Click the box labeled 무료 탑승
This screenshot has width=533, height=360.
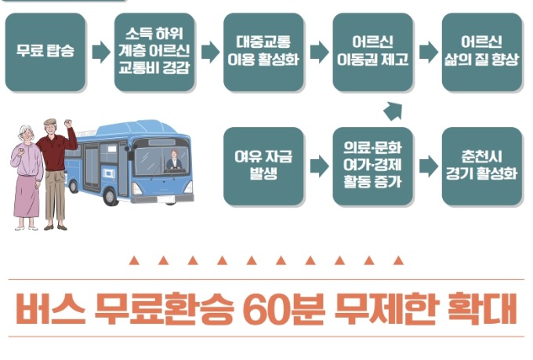click(x=45, y=53)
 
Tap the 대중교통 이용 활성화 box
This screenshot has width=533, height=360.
click(x=263, y=52)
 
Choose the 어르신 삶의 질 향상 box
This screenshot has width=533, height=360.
click(x=481, y=52)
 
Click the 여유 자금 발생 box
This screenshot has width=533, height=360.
click(x=263, y=165)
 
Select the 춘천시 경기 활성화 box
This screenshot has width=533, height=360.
click(x=481, y=165)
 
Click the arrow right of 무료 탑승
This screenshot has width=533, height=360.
click(x=101, y=53)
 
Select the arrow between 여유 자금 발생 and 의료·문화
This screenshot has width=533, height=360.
click(x=319, y=165)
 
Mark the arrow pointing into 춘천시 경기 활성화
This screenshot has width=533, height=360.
click(x=428, y=165)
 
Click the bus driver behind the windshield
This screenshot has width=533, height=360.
click(x=173, y=162)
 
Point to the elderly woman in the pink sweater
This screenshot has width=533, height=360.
click(x=27, y=176)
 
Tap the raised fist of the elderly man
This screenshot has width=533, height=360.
click(x=69, y=124)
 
